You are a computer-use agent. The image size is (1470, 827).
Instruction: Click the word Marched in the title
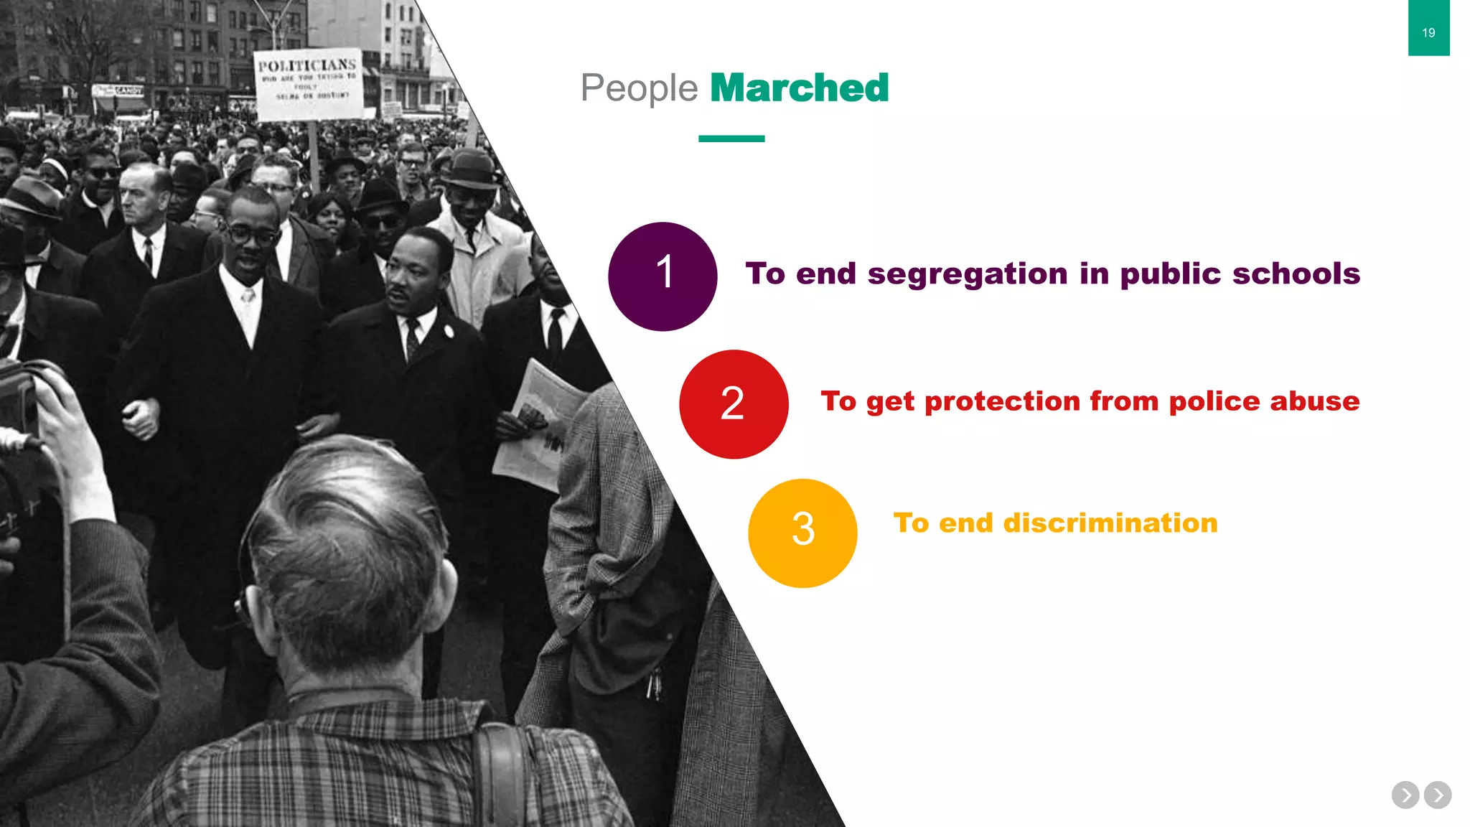pos(799,88)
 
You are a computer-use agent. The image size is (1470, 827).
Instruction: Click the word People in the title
pos(638,88)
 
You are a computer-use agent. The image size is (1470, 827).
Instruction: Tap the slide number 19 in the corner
pos(1428,32)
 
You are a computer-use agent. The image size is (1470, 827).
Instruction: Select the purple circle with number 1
pos(662,276)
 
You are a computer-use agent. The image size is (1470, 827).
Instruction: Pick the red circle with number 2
pos(733,403)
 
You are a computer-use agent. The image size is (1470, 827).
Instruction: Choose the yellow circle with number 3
pos(802,533)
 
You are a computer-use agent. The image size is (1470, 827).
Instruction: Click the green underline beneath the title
pos(731,139)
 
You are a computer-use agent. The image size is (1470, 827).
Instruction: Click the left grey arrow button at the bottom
pos(1405,795)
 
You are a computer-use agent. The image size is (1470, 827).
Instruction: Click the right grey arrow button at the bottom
pos(1438,795)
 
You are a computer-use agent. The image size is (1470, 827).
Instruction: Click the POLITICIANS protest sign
pos(308,84)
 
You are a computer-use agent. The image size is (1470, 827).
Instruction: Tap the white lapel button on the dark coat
pos(449,331)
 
